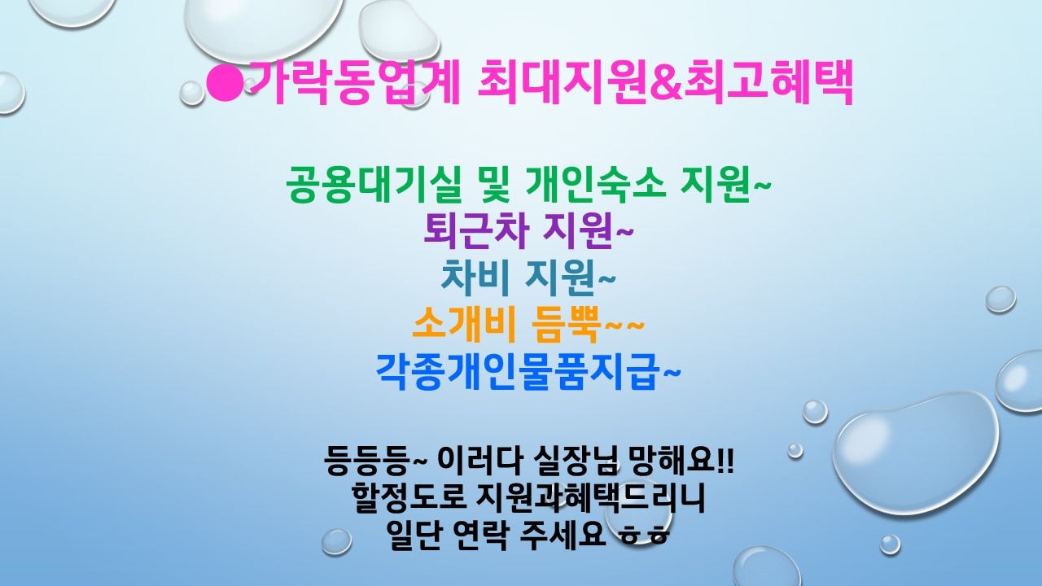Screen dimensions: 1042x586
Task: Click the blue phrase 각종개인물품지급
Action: coord(518,371)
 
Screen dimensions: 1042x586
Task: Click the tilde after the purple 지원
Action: coord(624,232)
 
